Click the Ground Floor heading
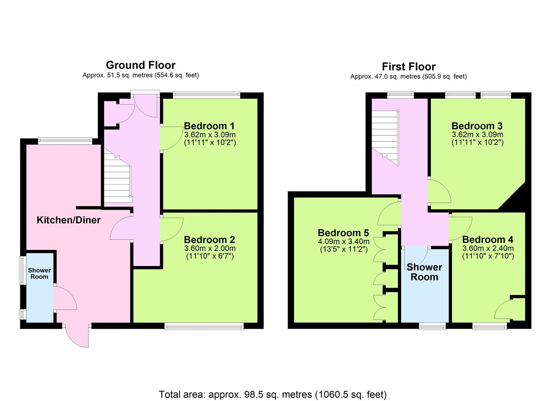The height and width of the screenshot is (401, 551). pos(141,65)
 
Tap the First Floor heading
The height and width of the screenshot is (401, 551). pos(409,67)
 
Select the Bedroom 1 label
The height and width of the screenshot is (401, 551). pos(209,126)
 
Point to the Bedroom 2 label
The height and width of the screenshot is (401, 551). pos(209,240)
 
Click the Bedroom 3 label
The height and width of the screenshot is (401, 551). pos(477,126)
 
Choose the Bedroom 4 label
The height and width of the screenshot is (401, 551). pos(488,239)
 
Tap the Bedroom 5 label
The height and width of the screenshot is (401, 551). pos(343,233)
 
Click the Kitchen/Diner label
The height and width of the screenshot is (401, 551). pos(69,220)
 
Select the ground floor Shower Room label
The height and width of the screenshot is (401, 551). pos(39,274)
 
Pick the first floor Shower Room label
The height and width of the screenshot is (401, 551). pos(424,272)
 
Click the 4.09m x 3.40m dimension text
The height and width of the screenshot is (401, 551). pos(344,241)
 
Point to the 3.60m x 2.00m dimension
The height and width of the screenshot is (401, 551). pos(210,248)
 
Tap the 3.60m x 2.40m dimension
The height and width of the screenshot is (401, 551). pos(488,248)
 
